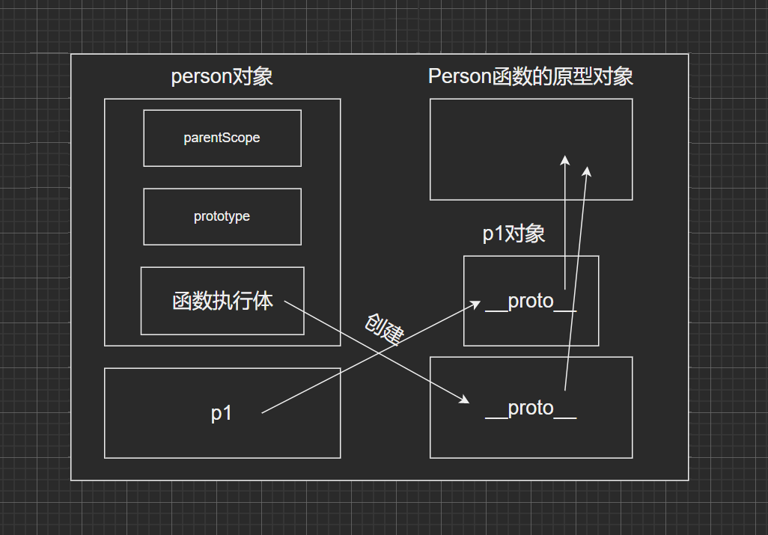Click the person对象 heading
pos(222,76)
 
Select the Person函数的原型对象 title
pos(531,76)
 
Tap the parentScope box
pos(222,138)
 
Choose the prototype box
pos(222,216)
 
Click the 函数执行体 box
pos(222,301)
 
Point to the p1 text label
pos(222,413)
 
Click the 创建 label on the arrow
pos(384,328)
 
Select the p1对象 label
pos(513,234)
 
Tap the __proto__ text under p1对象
pos(531,302)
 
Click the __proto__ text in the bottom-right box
pos(531,409)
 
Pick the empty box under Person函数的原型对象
pos(531,149)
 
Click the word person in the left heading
pos(198,76)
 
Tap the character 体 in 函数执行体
pos(263,301)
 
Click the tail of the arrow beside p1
pos(263,412)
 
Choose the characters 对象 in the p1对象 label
pos(525,234)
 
